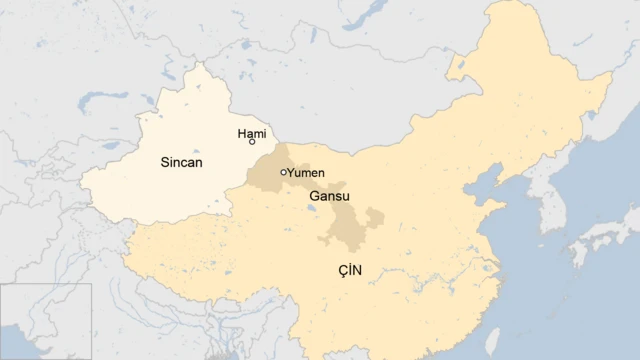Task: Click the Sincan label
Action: click(x=181, y=161)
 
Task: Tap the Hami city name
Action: click(x=251, y=132)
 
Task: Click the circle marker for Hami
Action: click(x=252, y=143)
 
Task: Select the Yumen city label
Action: click(x=306, y=173)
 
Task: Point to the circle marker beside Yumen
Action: click(x=284, y=172)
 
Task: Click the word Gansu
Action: click(x=330, y=196)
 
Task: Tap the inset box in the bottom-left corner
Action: click(x=45, y=321)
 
